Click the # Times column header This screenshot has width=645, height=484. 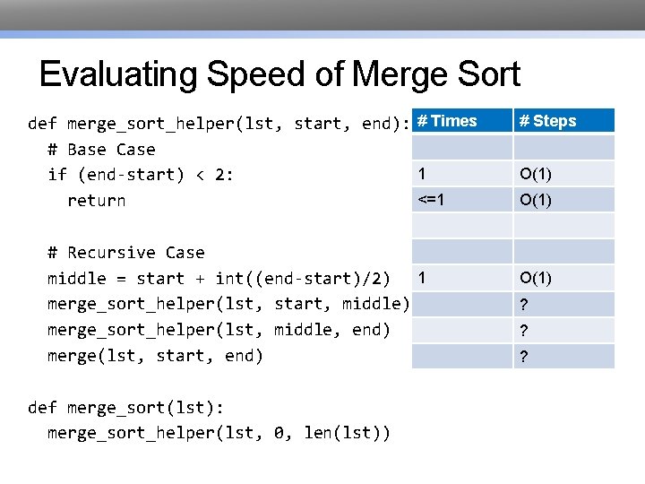point(448,121)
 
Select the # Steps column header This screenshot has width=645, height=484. point(548,121)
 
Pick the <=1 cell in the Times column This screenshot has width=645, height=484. point(431,199)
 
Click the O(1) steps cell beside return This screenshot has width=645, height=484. point(536,200)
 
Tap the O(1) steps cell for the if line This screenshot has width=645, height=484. point(536,173)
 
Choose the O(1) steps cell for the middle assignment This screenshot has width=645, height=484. point(536,278)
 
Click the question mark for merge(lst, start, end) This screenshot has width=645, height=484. point(524,357)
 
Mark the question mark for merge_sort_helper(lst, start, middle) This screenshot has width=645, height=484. point(524,305)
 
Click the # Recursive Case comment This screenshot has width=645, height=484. point(125,253)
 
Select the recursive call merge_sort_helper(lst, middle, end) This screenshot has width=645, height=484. point(219,330)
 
